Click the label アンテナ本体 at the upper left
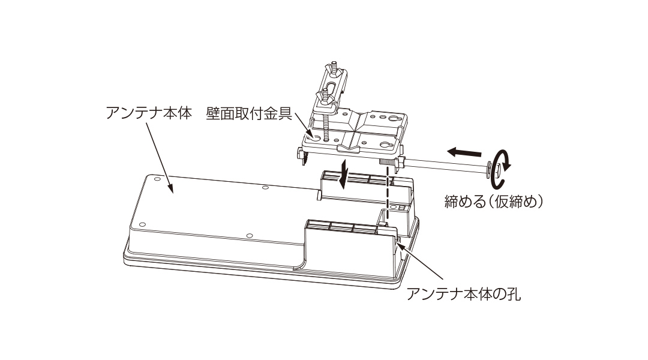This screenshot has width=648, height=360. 149,113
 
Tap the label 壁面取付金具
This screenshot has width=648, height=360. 249,113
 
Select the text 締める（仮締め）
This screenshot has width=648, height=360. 494,201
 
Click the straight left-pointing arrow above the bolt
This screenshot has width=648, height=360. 464,152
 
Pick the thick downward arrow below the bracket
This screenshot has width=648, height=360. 342,175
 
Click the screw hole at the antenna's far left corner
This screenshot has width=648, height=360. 157,179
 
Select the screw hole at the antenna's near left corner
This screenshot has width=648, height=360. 143,225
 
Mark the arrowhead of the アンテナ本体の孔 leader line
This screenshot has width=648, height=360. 398,245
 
